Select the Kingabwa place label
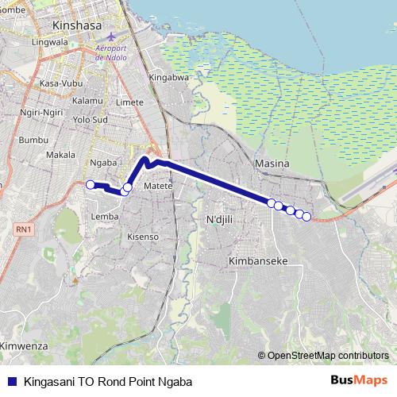168,79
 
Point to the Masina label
270,163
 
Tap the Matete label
159,186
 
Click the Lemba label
106,216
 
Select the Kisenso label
144,237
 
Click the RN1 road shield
23,229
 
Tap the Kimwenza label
24,347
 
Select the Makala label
60,155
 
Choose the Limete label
129,102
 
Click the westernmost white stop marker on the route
91,185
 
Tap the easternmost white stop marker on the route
306,217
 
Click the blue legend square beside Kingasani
11,380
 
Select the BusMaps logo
359,380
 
